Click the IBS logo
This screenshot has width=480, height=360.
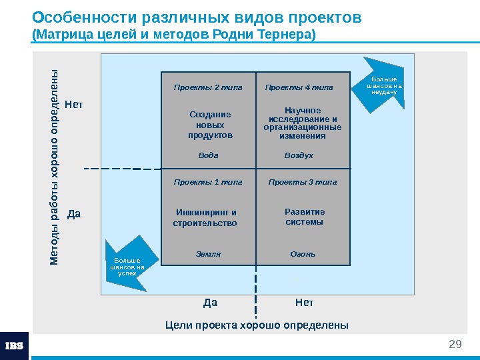click(15, 346)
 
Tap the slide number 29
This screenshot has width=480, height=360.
click(455, 344)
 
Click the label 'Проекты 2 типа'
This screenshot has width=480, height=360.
click(208, 87)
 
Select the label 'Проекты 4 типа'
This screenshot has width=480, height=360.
click(299, 87)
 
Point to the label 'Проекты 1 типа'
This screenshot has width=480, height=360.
click(208, 182)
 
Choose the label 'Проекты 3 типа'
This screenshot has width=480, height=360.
click(303, 182)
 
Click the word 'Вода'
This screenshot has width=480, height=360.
click(209, 155)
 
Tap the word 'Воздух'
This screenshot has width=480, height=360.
click(299, 155)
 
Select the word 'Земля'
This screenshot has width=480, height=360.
click(208, 254)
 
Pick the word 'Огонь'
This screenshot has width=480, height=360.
click(303, 254)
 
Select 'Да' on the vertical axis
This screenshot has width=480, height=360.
click(74, 215)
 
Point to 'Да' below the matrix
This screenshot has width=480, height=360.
click(210, 303)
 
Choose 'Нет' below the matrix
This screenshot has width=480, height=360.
click(304, 303)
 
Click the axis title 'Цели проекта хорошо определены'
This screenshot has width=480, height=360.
click(257, 325)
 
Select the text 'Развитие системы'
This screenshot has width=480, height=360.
click(304, 217)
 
